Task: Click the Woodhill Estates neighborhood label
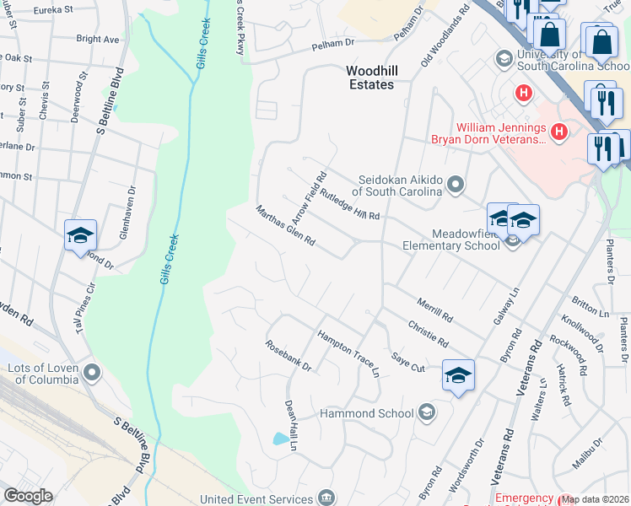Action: [371, 78]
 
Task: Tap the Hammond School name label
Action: [366, 413]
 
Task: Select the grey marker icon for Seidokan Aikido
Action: [456, 184]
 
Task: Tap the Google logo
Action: [28, 496]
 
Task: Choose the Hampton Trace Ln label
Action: [348, 353]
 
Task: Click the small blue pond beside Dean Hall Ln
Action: [279, 439]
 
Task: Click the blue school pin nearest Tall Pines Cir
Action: [80, 235]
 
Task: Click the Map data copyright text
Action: [596, 499]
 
